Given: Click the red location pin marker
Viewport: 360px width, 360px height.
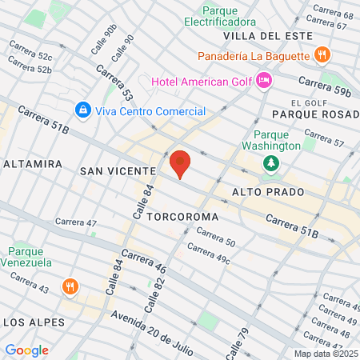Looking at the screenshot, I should point(180,163).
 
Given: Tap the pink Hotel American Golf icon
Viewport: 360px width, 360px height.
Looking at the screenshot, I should point(265,80).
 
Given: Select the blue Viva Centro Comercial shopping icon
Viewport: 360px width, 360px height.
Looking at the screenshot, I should point(82,109).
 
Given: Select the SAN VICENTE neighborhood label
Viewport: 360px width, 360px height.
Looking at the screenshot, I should point(117,171).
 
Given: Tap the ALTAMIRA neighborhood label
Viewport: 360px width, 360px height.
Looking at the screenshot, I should point(33,163).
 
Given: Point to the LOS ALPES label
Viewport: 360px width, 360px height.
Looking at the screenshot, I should point(33,322).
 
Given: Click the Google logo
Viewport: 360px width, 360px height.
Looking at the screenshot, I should point(26,350).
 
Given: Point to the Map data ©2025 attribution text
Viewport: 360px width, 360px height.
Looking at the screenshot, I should point(324,354).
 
